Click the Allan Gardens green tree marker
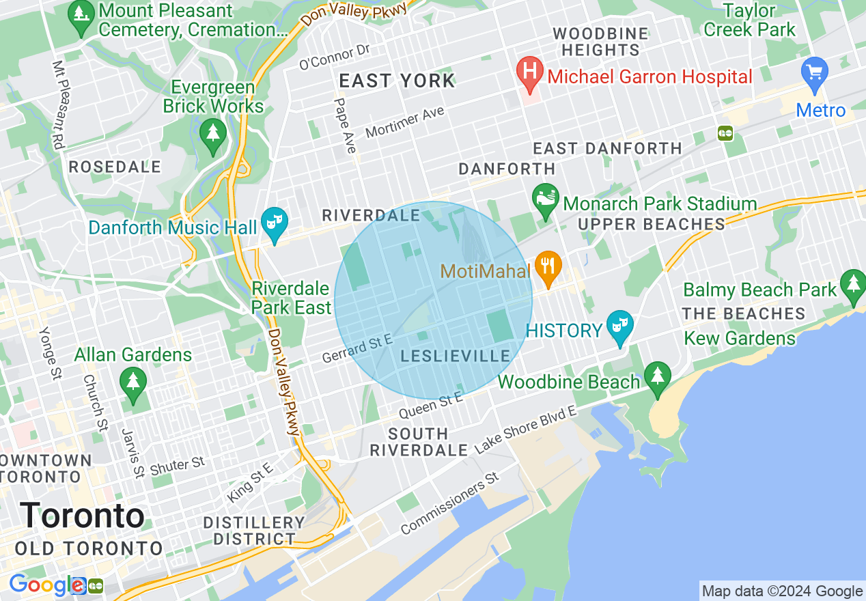point(132,382)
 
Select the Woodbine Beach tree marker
point(658,378)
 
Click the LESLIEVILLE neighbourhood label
point(456,356)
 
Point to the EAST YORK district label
point(397,81)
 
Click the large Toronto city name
point(82,516)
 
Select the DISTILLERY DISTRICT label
point(254,531)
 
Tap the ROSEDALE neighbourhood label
point(115,167)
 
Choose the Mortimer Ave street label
point(404,122)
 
